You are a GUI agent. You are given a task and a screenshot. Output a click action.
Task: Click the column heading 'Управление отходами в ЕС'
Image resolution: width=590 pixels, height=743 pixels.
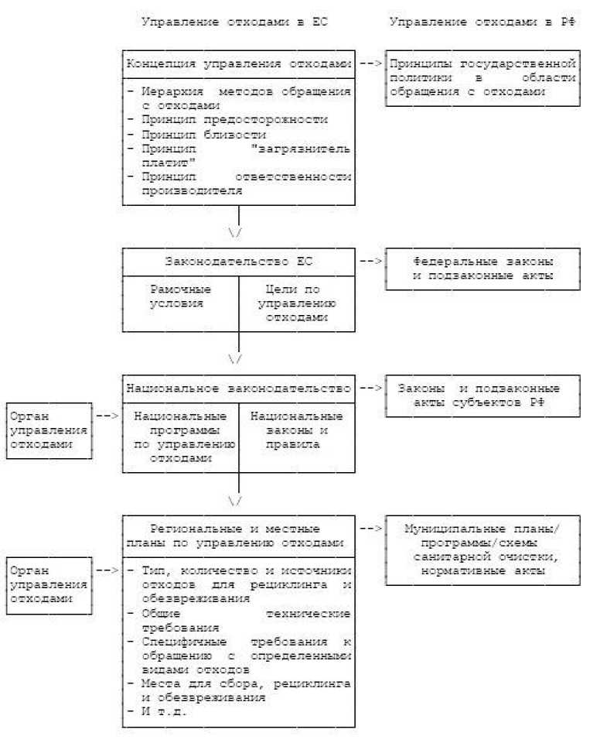(x=234, y=22)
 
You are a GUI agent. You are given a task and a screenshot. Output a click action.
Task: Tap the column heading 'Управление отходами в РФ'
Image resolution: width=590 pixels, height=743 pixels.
(x=482, y=22)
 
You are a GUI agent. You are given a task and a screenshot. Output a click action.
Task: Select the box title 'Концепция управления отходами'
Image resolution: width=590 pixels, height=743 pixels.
(x=239, y=64)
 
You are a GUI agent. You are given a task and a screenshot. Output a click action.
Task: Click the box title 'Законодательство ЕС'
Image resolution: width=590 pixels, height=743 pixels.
(x=238, y=261)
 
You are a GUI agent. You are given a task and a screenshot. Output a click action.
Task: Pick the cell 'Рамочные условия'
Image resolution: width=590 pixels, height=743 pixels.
(x=180, y=296)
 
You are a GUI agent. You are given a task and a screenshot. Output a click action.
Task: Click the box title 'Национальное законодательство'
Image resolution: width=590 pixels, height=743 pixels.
(x=239, y=388)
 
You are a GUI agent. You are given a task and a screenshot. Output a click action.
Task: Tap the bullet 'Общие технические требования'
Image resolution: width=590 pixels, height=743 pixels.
(x=239, y=620)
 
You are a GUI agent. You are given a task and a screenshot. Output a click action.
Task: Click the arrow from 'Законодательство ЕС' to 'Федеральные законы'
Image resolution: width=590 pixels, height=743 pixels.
(x=370, y=261)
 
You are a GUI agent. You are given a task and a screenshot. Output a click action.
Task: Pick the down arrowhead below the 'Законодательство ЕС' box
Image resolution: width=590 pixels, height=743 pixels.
(x=236, y=359)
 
